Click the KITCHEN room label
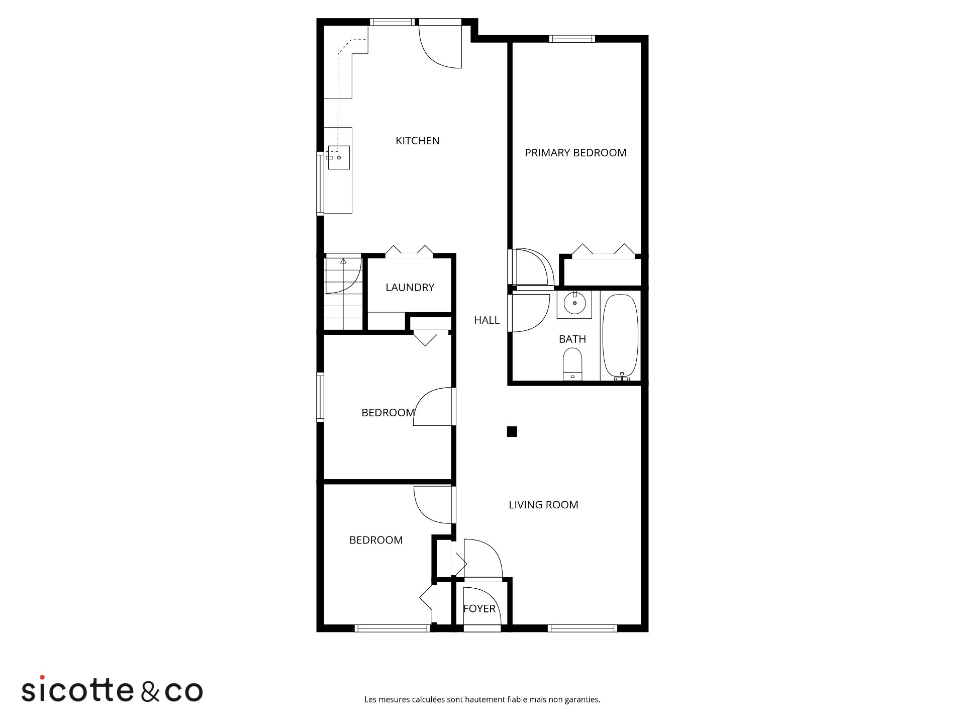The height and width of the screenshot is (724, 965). (x=417, y=141)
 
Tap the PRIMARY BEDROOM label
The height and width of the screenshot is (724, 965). (x=575, y=153)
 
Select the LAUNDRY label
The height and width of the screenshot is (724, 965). (x=410, y=288)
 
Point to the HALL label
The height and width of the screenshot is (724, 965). (x=487, y=320)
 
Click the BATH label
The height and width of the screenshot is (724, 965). (x=572, y=339)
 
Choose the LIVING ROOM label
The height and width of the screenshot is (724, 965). (x=543, y=505)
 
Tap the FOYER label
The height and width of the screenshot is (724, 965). (x=479, y=609)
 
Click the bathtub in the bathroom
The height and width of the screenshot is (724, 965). (x=620, y=337)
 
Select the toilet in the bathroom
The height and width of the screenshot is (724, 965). (x=572, y=365)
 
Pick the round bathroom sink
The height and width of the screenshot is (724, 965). (x=574, y=304)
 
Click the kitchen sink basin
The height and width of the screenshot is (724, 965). (x=339, y=157)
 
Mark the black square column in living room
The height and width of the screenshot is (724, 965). (x=512, y=431)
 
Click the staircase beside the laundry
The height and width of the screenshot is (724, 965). (x=343, y=293)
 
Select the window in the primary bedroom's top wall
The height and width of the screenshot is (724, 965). (x=572, y=39)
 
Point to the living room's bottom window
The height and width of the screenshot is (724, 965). (x=582, y=628)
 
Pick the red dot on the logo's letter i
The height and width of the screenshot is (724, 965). (x=42, y=677)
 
